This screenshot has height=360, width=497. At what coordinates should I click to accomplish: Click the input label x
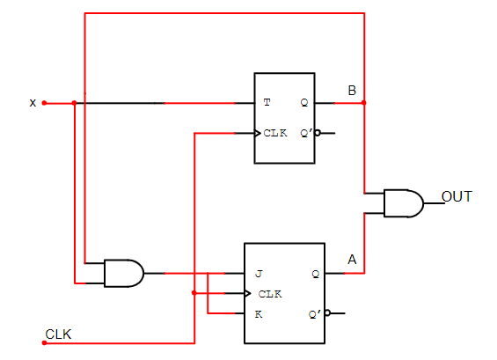pyautogui.click(x=33, y=103)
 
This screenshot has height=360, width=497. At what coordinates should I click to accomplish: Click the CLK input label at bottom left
pyautogui.click(x=58, y=334)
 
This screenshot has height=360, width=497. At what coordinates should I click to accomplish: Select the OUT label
pyautogui.click(x=457, y=195)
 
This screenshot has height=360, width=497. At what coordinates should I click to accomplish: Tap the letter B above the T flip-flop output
pyautogui.click(x=352, y=91)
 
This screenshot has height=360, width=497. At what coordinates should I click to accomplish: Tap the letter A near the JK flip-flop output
pyautogui.click(x=352, y=260)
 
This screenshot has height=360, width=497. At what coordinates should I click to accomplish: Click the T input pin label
pyautogui.click(x=267, y=103)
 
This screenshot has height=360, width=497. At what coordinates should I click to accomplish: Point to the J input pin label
pyautogui.click(x=259, y=274)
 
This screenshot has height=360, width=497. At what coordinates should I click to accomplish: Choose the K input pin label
pyautogui.click(x=259, y=313)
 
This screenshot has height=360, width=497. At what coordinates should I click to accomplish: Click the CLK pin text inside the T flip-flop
pyautogui.click(x=275, y=134)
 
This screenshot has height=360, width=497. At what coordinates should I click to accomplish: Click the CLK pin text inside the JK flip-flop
pyautogui.click(x=270, y=293)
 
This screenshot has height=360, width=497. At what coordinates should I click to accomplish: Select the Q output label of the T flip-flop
pyautogui.click(x=304, y=103)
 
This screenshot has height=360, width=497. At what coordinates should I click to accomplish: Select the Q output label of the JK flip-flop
pyautogui.click(x=315, y=274)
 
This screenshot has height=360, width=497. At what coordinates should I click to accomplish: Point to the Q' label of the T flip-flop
pyautogui.click(x=305, y=134)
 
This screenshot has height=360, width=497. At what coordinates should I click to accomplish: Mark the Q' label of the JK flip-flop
pyautogui.click(x=314, y=313)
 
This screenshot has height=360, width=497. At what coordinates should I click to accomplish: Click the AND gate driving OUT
pyautogui.click(x=402, y=203)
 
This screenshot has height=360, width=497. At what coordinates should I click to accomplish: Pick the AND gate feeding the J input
pyautogui.click(x=123, y=273)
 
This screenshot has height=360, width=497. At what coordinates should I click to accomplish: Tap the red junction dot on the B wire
pyautogui.click(x=363, y=103)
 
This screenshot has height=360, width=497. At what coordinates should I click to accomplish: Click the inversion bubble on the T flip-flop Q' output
pyautogui.click(x=318, y=134)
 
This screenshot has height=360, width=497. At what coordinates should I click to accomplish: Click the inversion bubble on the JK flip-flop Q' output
pyautogui.click(x=327, y=312)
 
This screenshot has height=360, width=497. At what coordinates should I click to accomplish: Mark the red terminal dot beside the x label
pyautogui.click(x=44, y=103)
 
